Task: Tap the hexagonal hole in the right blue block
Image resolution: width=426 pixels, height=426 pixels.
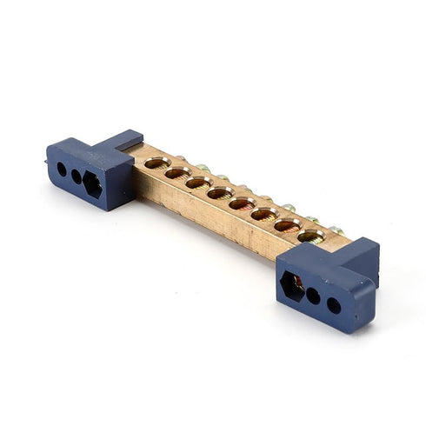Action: tap(293, 285)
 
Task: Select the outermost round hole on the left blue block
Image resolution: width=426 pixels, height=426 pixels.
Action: tap(62, 169)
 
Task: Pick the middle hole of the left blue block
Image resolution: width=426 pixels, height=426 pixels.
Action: tap(77, 176)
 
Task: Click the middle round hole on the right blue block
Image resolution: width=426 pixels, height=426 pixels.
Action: tap(314, 296)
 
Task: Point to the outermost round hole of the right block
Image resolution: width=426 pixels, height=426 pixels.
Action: tap(334, 305)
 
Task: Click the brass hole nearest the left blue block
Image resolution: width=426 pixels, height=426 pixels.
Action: tap(156, 163)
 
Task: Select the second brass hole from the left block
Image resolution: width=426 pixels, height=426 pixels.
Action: tap(177, 173)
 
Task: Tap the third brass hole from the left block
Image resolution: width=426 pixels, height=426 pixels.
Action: tap(198, 183)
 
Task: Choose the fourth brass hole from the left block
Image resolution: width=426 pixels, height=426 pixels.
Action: tap(220, 193)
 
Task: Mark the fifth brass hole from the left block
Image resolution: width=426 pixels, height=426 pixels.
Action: tap(242, 203)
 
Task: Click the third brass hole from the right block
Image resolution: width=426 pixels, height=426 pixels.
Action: tap(264, 214)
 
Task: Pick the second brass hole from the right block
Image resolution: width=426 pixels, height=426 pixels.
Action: tap(288, 225)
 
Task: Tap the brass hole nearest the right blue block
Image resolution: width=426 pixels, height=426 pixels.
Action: tap(311, 236)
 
